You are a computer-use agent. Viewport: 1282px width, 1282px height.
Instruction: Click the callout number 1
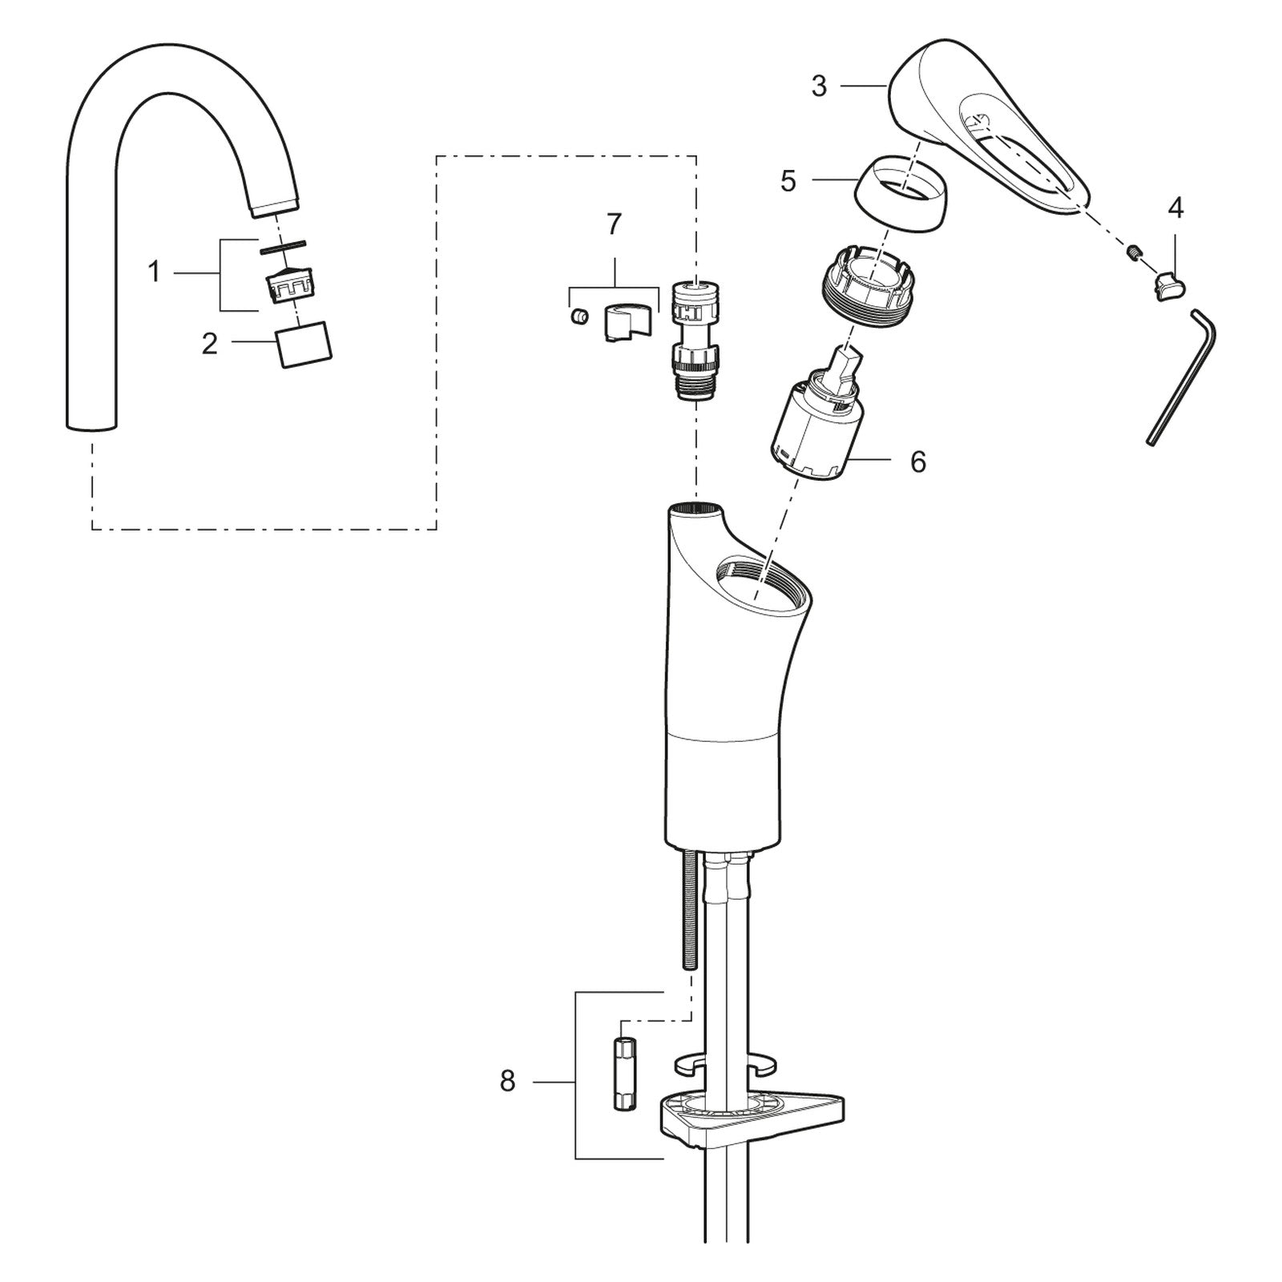point(155,272)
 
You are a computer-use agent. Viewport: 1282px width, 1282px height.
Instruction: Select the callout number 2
point(209,345)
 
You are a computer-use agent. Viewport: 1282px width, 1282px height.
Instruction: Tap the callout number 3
point(818,86)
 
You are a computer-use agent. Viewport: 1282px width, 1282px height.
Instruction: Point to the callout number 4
point(1175,208)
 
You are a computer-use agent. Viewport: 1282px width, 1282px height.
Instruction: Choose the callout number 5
point(788,181)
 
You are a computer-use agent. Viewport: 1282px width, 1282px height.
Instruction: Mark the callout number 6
point(918,462)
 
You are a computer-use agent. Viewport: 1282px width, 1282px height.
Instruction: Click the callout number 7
point(614,224)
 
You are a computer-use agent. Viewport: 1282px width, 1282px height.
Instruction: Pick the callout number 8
point(507,1082)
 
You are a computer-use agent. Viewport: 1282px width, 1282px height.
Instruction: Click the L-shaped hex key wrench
point(1182,377)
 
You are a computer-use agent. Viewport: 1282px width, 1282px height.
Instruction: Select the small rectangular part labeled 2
point(305,345)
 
